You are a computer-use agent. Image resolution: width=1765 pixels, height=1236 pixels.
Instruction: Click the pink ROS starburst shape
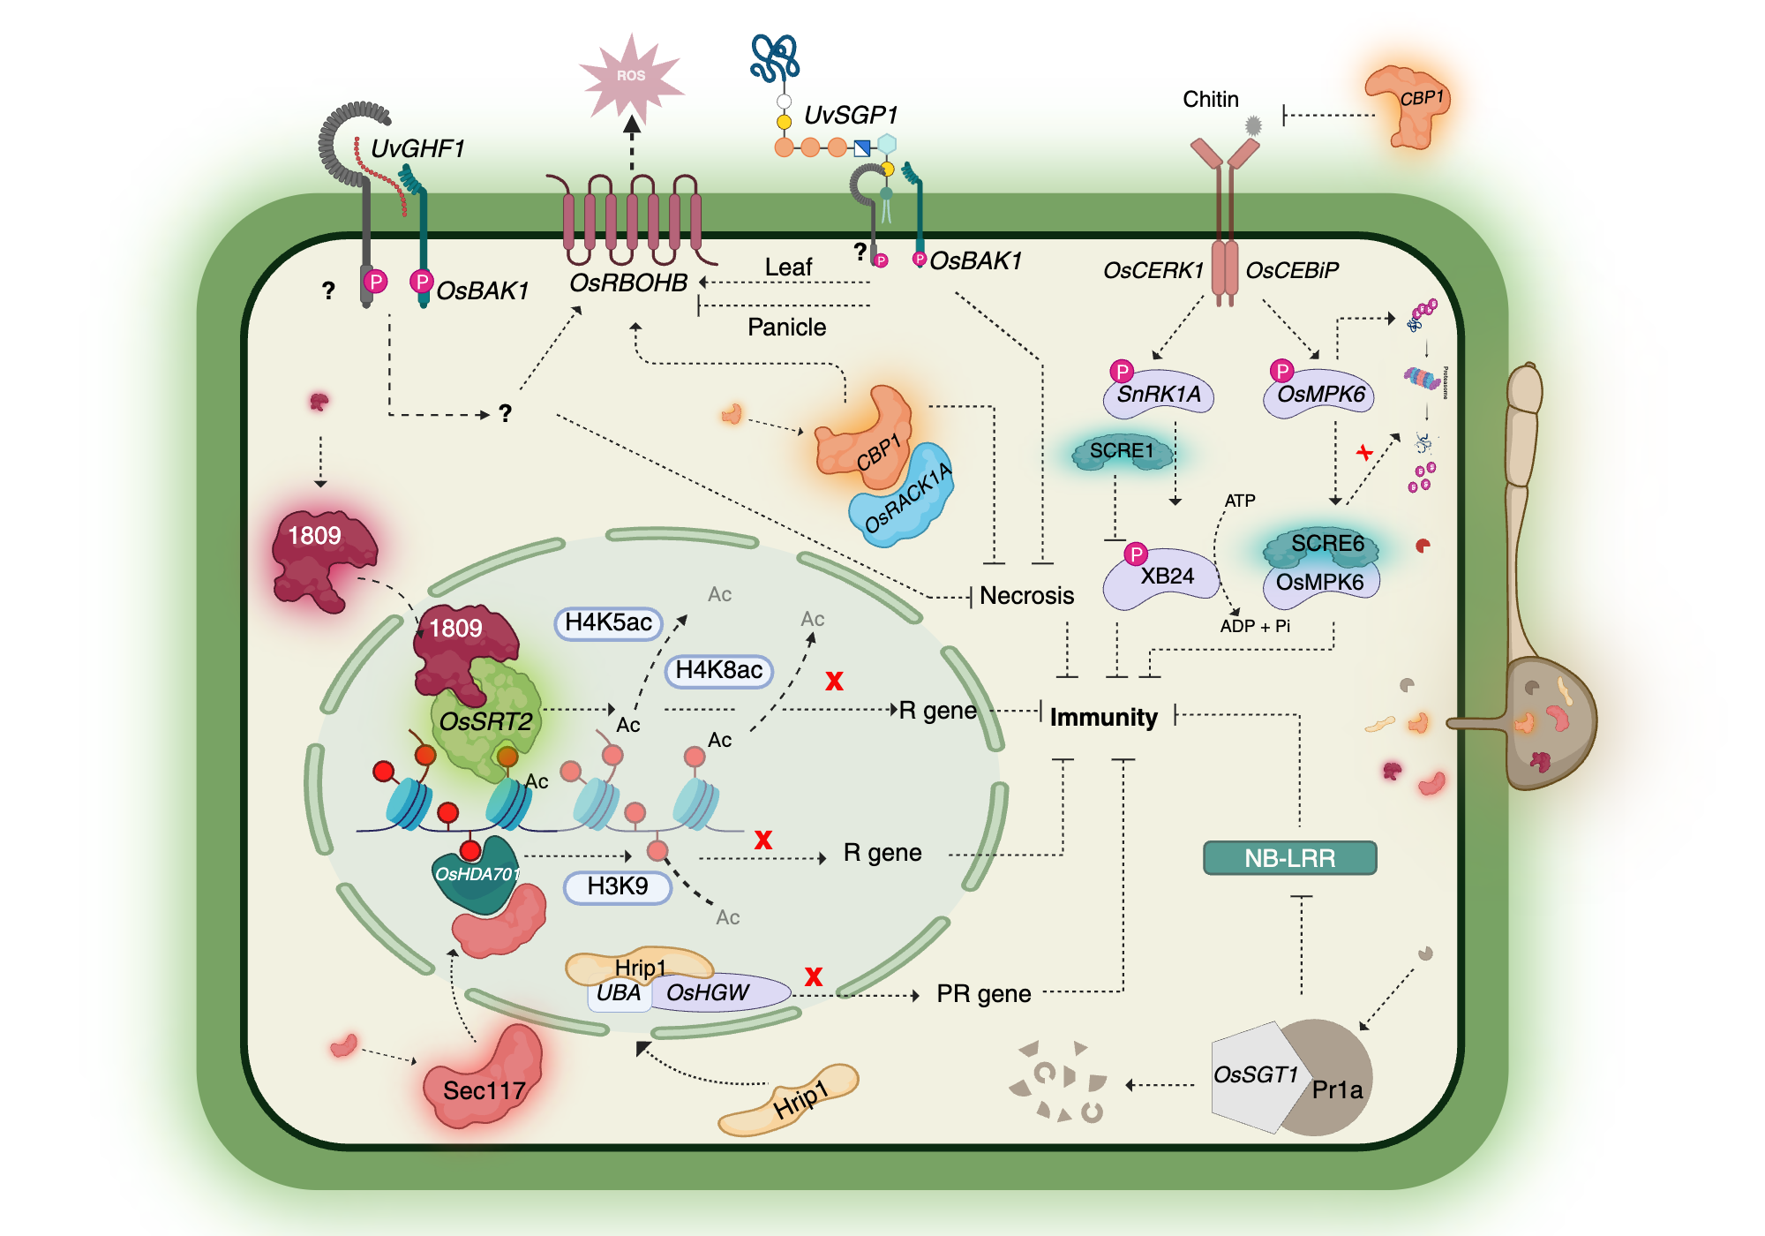pos(631,77)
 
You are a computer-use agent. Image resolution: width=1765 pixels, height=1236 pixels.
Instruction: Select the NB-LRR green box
pos(1289,857)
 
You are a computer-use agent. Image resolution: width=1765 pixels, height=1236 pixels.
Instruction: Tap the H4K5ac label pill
pos(608,622)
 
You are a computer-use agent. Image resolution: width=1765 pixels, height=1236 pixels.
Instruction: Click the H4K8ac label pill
pos(718,670)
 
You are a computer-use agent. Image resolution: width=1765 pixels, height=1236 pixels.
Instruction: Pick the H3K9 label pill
pos(618,886)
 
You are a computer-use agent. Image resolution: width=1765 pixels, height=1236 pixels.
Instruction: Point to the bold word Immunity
pos(1103,717)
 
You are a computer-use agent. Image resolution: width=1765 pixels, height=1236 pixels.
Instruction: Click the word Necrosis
pos(1026,596)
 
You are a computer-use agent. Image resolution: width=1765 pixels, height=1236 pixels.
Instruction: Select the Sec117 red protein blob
pos(484,1081)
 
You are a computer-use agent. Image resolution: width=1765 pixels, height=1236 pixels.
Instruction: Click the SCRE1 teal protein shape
pos(1122,452)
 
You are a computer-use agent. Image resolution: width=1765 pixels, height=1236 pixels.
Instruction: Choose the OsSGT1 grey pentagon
pos(1253,1075)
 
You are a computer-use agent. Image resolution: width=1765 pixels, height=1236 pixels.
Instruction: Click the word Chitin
pos(1210,100)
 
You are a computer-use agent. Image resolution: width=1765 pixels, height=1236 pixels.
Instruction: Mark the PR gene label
pos(983,994)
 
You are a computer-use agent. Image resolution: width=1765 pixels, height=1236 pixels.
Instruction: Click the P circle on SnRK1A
pos(1122,371)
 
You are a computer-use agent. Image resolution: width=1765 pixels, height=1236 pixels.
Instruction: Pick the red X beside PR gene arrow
pos(813,976)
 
